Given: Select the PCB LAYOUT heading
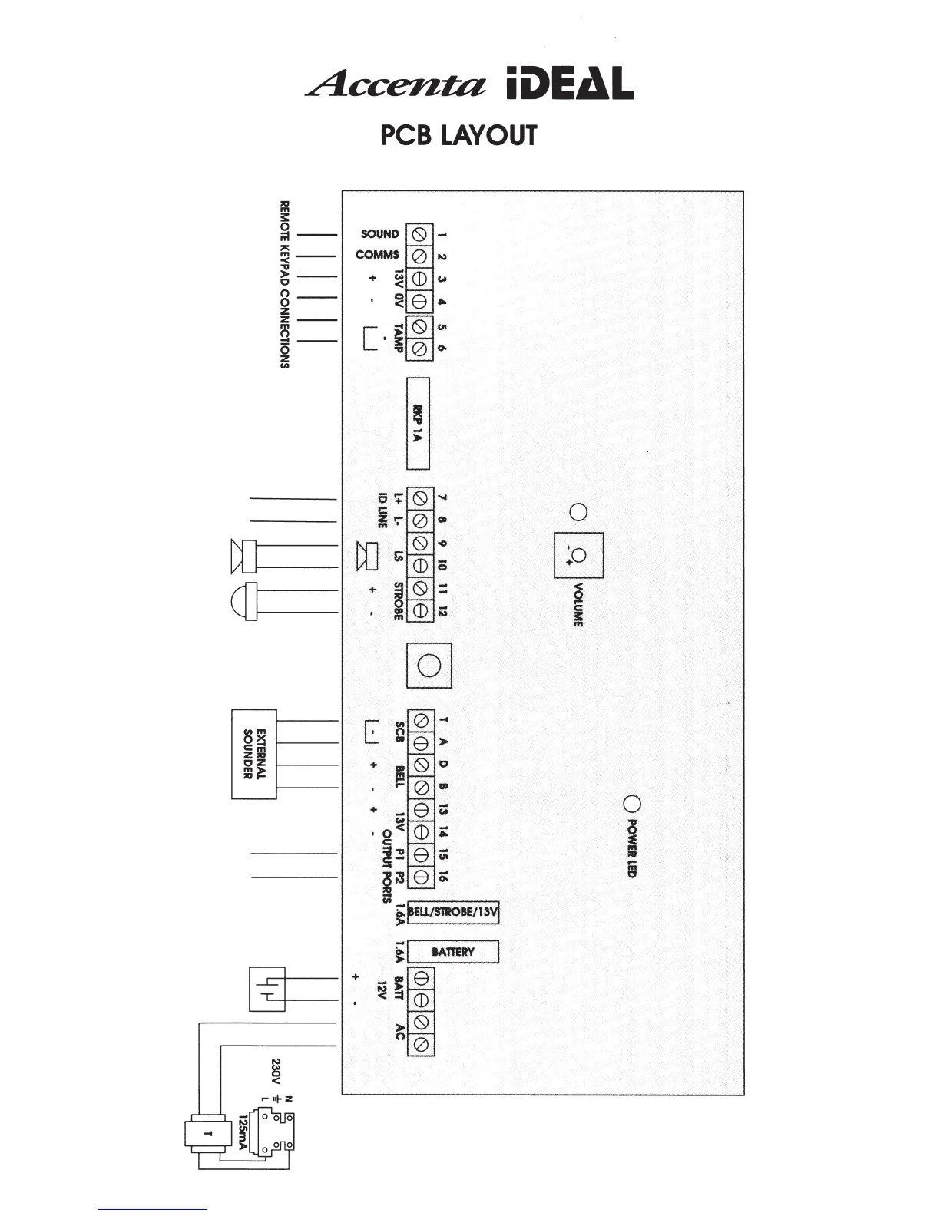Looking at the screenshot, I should (458, 135).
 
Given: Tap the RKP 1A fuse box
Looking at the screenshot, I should (417, 423).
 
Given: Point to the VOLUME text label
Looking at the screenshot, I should (578, 605).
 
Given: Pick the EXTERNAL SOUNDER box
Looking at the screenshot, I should (254, 754).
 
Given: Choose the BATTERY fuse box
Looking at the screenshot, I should (452, 952).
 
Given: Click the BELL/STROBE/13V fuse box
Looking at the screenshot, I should (453, 913).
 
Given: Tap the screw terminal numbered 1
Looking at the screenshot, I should (420, 233).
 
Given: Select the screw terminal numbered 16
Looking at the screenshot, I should (420, 876).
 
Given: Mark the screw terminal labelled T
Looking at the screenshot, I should (420, 721).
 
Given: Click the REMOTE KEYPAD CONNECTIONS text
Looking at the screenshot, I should (284, 285).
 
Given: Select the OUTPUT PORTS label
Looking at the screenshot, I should (386, 870).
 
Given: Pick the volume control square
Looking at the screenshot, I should (578, 555).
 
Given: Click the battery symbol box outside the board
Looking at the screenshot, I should (266, 989).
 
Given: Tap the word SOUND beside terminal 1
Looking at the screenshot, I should (379, 233).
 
